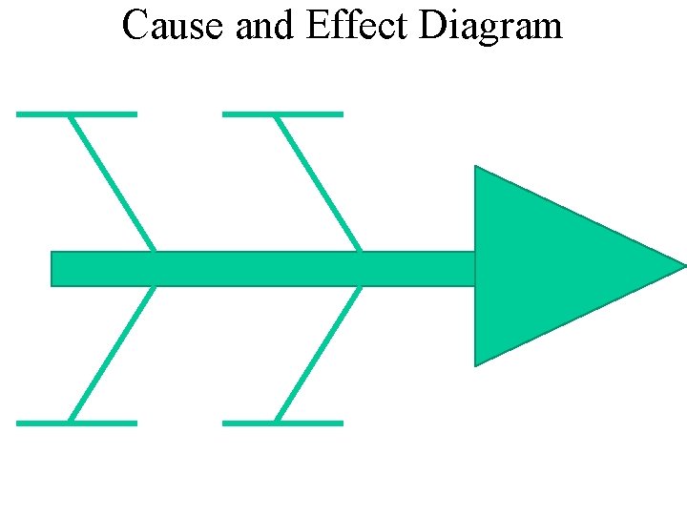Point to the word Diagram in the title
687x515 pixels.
tap(490, 28)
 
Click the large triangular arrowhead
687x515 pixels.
tap(553, 265)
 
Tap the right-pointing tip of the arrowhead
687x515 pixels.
tap(682, 265)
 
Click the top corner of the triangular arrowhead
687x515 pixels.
tap(477, 169)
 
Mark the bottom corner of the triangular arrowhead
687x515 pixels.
tap(477, 362)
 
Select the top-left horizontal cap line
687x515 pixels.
tap(76, 114)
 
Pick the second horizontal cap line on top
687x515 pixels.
tap(282, 114)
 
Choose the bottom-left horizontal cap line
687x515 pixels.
tap(76, 422)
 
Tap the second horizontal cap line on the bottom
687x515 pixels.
tap(282, 422)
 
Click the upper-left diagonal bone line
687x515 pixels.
tap(112, 182)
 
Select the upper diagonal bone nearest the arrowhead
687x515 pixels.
tap(318, 182)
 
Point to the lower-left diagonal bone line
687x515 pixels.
tap(112, 354)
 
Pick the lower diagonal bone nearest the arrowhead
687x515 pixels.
tap(318, 354)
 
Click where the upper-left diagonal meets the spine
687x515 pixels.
tap(154, 252)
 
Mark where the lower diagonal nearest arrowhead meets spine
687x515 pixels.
tap(360, 285)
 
